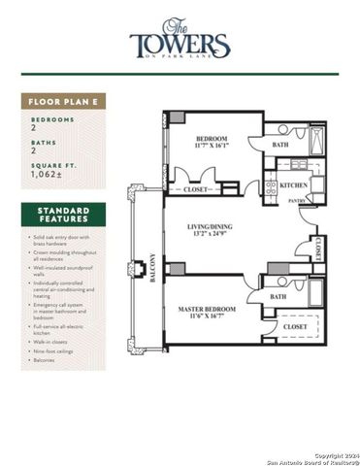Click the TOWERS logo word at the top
(180, 45)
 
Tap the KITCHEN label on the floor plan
(294, 184)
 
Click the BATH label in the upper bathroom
(281, 146)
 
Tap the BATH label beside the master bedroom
(278, 297)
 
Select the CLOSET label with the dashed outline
(296, 328)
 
